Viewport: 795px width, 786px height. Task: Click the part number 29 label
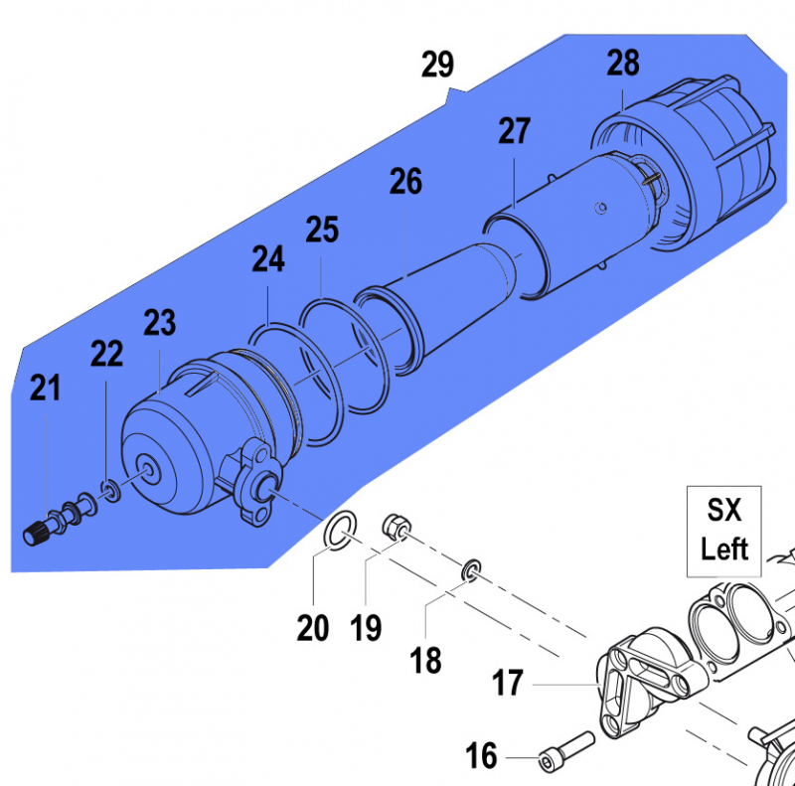tap(437, 65)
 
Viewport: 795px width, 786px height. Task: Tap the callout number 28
tap(623, 63)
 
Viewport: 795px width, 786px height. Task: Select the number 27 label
tap(514, 131)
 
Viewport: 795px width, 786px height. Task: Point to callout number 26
tap(405, 182)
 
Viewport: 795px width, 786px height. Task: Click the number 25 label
tap(322, 230)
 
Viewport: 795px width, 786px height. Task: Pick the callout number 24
tap(268, 259)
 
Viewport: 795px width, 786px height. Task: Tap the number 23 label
tap(160, 323)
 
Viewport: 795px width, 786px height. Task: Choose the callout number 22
tap(106, 354)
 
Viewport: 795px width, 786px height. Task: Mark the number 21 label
tap(45, 388)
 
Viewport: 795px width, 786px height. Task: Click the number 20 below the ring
tap(313, 628)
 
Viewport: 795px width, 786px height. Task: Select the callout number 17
tap(508, 683)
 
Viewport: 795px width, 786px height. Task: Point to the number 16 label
tap(481, 755)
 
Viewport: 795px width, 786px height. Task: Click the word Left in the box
tap(724, 550)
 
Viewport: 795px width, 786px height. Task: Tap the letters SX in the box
tap(724, 510)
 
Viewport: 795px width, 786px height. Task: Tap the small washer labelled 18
tap(471, 570)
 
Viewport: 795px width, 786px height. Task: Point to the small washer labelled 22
tap(111, 490)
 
